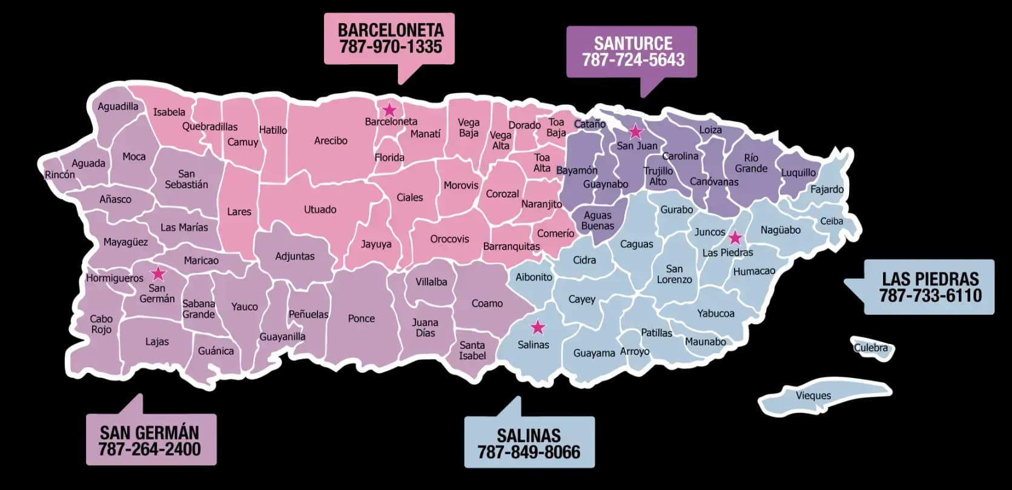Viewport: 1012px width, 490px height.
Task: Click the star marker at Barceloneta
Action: click(x=389, y=110)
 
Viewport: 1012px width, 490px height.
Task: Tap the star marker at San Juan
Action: click(x=635, y=131)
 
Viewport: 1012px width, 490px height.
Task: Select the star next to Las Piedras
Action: click(x=735, y=237)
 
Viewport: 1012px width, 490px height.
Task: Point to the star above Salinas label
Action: click(x=537, y=328)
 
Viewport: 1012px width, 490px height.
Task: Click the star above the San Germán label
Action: click(x=157, y=273)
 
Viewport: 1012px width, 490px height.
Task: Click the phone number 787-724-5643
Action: click(x=633, y=60)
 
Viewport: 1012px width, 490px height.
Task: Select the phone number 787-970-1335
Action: click(x=391, y=47)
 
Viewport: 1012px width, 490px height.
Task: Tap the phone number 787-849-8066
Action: click(x=529, y=452)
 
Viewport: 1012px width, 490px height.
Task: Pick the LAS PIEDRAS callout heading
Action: click(x=930, y=279)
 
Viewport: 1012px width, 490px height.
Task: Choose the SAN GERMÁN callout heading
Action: click(x=150, y=432)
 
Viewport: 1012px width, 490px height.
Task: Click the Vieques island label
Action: click(x=813, y=396)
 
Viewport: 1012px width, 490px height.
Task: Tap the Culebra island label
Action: click(x=870, y=348)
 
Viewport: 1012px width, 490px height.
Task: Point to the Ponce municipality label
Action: click(x=361, y=318)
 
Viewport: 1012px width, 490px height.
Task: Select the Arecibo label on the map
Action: click(x=331, y=141)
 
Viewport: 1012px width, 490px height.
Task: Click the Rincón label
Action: click(x=60, y=174)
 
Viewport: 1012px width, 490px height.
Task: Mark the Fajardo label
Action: click(x=827, y=189)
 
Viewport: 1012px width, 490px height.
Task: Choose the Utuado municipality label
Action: click(x=320, y=210)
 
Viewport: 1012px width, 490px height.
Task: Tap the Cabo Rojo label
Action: click(x=101, y=324)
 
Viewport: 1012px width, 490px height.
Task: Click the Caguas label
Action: click(x=637, y=244)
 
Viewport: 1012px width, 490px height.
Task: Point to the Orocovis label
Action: click(x=449, y=239)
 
